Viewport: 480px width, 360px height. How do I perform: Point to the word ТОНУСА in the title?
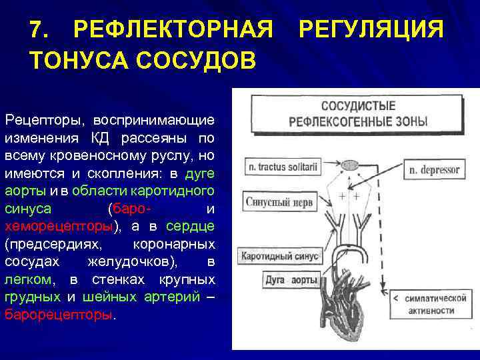click(x=79, y=61)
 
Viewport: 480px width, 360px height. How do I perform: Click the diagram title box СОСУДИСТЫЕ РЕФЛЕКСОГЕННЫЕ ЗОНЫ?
click(x=357, y=114)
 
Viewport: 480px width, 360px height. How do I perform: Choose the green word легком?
click(x=28, y=278)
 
